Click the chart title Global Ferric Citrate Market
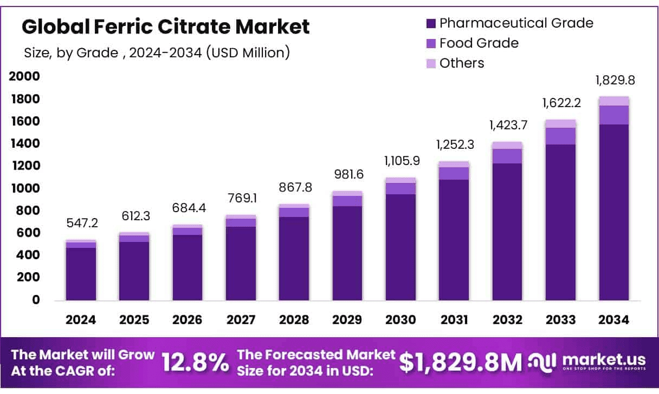tap(166, 27)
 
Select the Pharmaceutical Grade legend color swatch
tap(431, 23)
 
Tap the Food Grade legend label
tap(479, 43)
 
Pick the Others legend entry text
tap(461, 63)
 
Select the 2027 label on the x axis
tap(241, 320)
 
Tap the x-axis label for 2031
tap(454, 320)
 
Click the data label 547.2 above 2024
tap(81, 223)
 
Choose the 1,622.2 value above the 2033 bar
tap(561, 102)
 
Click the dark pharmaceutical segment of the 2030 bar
tap(400, 246)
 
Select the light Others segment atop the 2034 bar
tap(614, 101)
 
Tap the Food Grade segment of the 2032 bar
tap(507, 156)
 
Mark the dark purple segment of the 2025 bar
tap(134, 271)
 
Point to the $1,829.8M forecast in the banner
tap(461, 363)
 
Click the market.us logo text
tap(604, 360)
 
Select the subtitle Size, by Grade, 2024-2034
tap(157, 52)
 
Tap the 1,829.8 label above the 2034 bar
tap(615, 81)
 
